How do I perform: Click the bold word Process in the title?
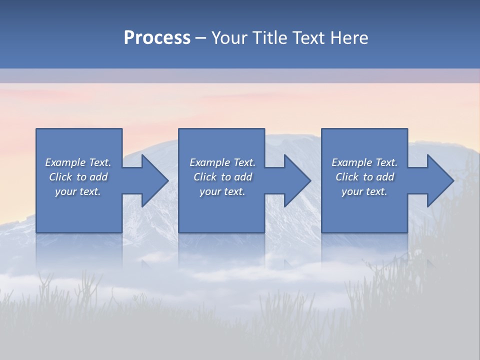click(x=157, y=38)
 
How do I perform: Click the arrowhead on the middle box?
click(x=297, y=180)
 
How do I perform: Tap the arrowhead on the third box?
click(x=440, y=180)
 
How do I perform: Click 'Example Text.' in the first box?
click(x=78, y=162)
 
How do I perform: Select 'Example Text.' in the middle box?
click(x=222, y=162)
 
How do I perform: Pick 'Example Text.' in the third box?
click(x=364, y=162)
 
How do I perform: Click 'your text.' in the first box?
click(x=78, y=191)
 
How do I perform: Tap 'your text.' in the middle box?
click(x=222, y=191)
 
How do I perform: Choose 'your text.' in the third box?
click(x=364, y=191)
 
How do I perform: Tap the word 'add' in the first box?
click(x=98, y=177)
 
